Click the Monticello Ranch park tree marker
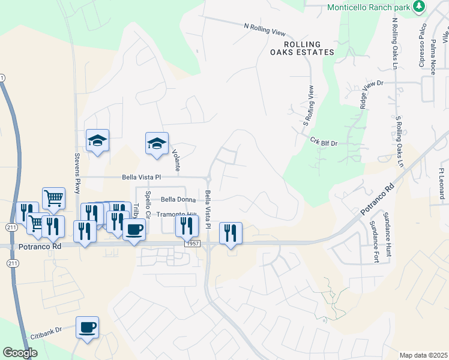click(x=418, y=7)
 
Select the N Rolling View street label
click(x=265, y=30)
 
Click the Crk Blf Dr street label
click(x=325, y=142)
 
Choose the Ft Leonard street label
click(x=441, y=180)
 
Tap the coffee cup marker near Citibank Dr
click(x=88, y=327)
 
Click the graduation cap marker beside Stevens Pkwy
click(x=97, y=141)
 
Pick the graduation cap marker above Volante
click(x=157, y=144)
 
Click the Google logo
click(x=20, y=353)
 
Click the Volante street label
click(x=176, y=159)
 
